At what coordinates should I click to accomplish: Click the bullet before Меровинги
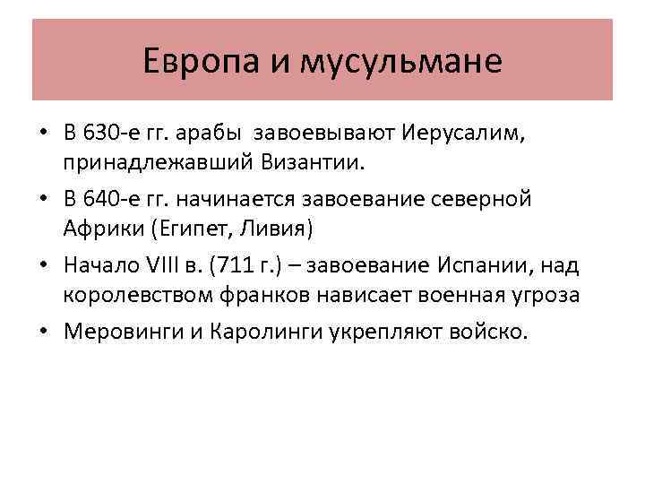44,331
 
